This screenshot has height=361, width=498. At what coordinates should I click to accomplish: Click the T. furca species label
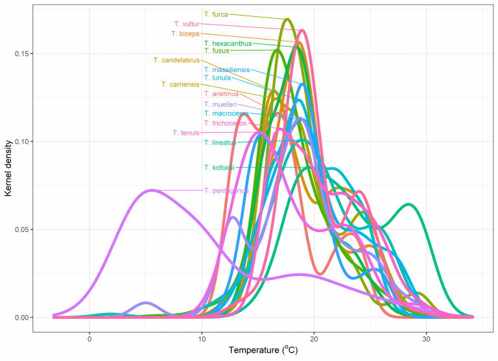point(217,14)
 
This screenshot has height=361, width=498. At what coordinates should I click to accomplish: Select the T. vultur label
point(187,24)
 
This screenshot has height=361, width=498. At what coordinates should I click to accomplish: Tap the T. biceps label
point(185,33)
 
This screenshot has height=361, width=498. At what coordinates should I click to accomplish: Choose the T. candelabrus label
point(176,60)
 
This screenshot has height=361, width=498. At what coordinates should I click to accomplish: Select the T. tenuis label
point(186,133)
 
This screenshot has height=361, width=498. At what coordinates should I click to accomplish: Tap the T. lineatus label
point(220,143)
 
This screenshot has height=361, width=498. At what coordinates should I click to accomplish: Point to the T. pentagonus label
point(226,191)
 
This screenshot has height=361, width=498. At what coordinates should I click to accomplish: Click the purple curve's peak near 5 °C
point(152,190)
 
